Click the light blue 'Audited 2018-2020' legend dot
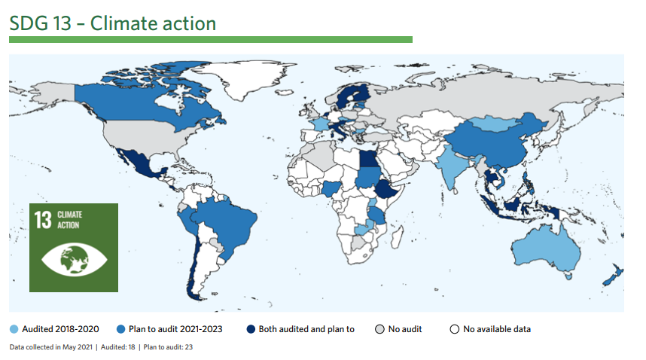click(14, 329)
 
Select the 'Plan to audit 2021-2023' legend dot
click(120, 329)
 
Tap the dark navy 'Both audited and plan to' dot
click(251, 329)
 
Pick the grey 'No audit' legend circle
click(380, 329)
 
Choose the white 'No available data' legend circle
click(455, 329)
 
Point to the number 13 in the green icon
click(43, 220)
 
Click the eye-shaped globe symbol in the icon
click(74, 260)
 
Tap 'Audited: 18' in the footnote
click(117, 346)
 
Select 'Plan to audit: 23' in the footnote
click(168, 346)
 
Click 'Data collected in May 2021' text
click(51, 346)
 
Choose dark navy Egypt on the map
click(367, 158)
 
